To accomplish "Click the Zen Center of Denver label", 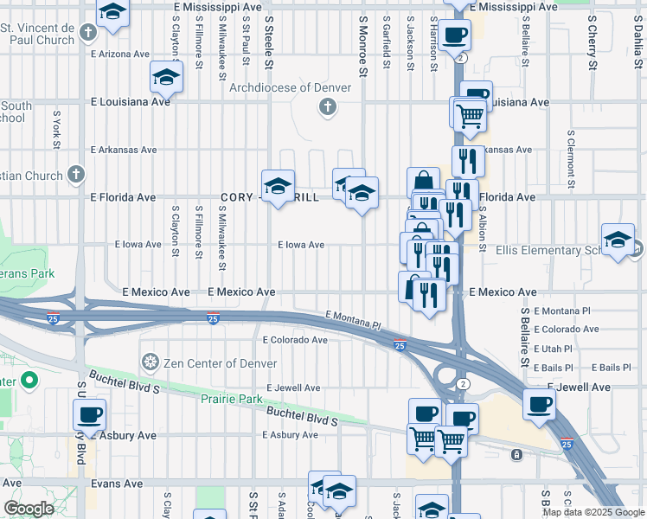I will (x=207, y=360).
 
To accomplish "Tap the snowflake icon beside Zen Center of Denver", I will (x=151, y=360).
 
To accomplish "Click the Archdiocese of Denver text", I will (x=290, y=87).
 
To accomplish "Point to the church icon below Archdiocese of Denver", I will (x=327, y=107).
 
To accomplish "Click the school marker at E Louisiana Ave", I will (x=166, y=77).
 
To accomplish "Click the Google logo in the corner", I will (x=29, y=509).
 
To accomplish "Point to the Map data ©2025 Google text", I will (x=593, y=512).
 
